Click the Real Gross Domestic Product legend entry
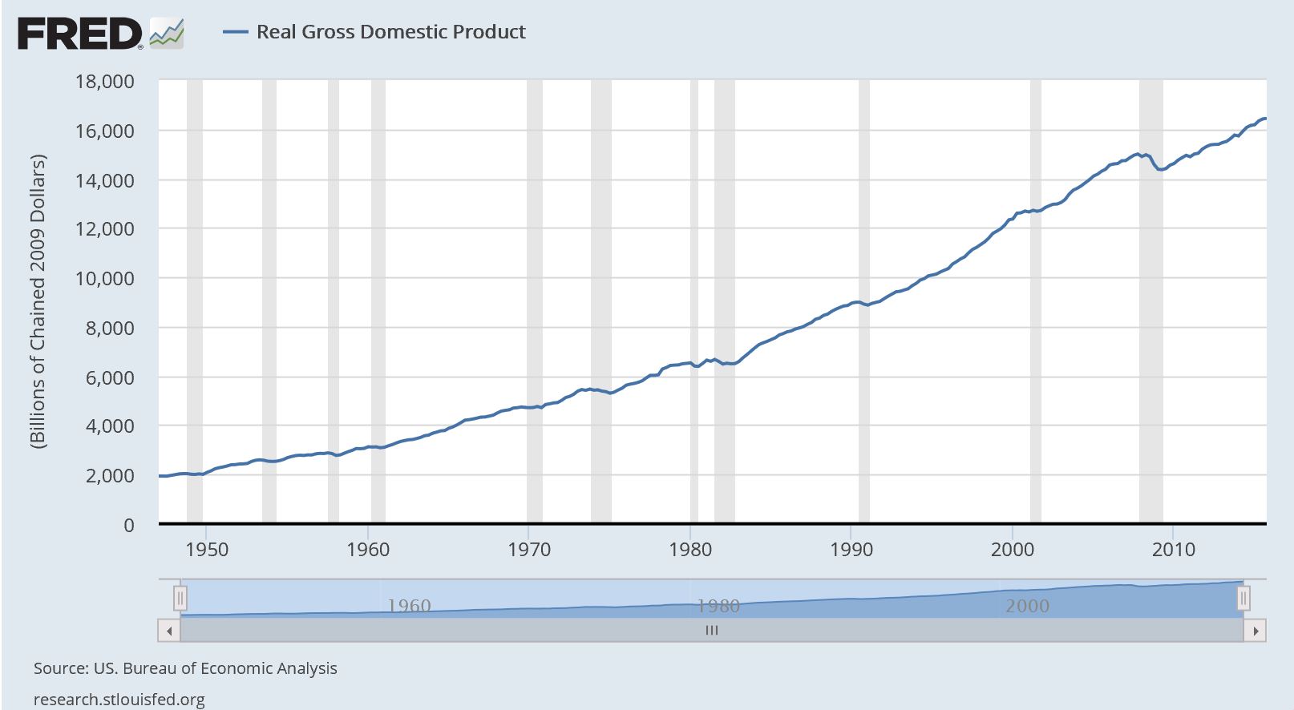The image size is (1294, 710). (390, 32)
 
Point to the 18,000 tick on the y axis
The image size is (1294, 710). (104, 81)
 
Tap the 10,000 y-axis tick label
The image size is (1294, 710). (104, 278)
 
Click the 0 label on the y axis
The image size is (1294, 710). (128, 525)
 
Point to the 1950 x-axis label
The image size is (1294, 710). (206, 550)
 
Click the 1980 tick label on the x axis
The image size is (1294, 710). (690, 550)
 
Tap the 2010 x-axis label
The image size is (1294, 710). (1174, 550)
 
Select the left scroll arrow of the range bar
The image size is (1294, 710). (169, 631)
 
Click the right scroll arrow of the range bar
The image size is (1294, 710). (1256, 631)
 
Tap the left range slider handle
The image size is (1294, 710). (181, 598)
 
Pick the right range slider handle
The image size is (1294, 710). (1243, 598)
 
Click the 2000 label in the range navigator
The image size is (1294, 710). (1027, 606)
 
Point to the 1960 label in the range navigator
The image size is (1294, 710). (409, 606)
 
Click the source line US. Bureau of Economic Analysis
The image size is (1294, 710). (185, 668)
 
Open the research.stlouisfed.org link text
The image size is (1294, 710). (119, 700)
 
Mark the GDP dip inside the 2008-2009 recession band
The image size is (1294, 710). (1159, 169)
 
